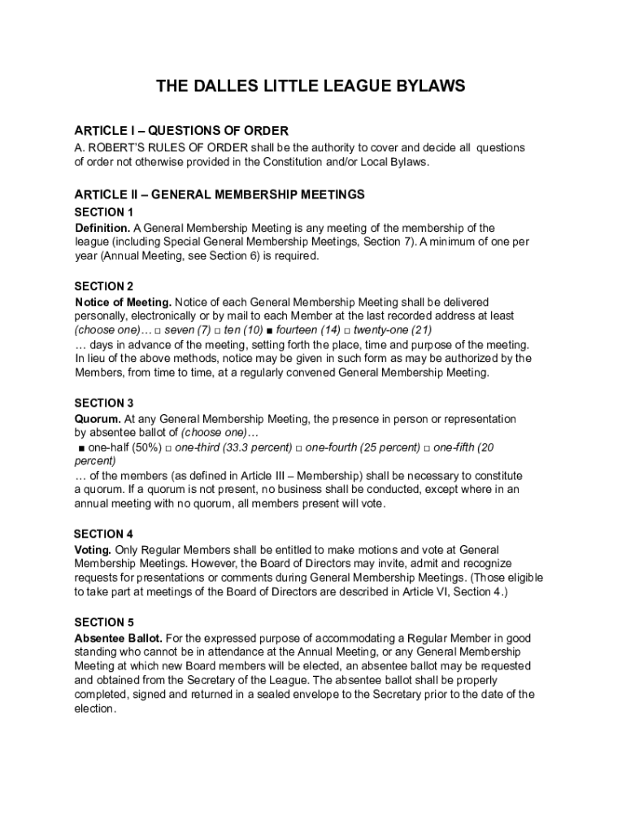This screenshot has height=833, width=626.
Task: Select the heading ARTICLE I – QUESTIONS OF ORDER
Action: pos(181,131)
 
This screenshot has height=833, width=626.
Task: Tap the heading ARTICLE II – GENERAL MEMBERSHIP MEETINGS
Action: pos(220,194)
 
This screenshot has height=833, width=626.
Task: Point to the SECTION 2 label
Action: pos(104,286)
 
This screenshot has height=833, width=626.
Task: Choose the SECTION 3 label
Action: pos(104,403)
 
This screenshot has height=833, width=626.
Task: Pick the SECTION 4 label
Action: pos(103,534)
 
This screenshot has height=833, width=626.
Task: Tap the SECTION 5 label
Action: pos(104,622)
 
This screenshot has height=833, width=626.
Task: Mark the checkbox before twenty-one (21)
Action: pos(346,330)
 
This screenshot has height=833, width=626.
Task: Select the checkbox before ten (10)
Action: pos(217,330)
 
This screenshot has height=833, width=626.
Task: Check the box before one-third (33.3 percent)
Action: pos(167,448)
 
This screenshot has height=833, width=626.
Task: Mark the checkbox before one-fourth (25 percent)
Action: pos(298,448)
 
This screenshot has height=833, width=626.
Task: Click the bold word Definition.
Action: pos(102,228)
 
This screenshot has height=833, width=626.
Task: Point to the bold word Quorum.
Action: pos(98,419)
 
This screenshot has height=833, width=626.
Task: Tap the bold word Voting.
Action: pos(93,550)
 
